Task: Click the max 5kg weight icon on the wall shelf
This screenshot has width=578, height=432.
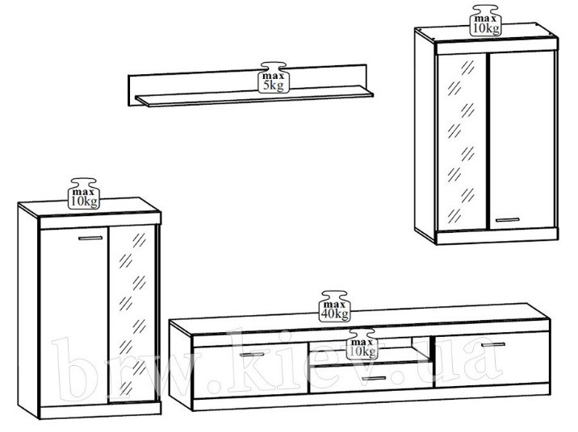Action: point(274,77)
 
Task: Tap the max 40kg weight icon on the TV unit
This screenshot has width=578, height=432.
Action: point(335,306)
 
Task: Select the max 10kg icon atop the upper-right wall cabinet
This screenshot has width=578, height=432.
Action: point(486,21)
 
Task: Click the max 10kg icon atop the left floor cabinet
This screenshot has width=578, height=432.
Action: point(84,194)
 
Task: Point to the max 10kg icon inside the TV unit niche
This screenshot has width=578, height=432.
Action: point(362,344)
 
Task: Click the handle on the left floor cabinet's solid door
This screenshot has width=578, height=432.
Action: point(90,238)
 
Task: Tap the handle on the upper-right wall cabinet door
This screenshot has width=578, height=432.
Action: point(507,220)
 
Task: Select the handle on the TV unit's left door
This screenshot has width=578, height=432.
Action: point(252,355)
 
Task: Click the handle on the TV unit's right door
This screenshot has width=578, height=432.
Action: point(493,345)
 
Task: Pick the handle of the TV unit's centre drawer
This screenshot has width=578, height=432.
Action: point(374,378)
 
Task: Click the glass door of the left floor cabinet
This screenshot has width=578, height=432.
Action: point(132,314)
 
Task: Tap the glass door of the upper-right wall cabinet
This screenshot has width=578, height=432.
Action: point(462,142)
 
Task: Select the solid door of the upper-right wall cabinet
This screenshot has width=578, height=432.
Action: point(521,140)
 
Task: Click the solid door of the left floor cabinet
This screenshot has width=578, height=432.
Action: point(73,318)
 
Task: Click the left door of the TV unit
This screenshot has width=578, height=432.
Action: point(251,372)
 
